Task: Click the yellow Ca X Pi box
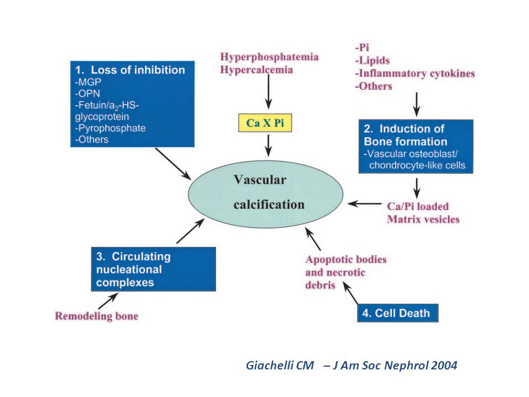coord(265,123)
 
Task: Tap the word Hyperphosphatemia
coord(269,57)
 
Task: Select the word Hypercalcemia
coord(256,70)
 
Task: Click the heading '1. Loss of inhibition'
coord(130,70)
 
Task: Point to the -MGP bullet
coord(88,82)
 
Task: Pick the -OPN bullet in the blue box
coord(88,94)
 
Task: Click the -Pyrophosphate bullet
coord(110,128)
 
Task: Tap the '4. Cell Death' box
coord(398,313)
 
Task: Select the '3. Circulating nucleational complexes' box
coord(153,269)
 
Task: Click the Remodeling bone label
coord(96,316)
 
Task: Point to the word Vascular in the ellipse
coord(260,180)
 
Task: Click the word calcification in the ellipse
coord(269,205)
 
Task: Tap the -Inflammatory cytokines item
coord(414,73)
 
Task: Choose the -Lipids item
coord(372,61)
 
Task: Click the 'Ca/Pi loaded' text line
coord(418,206)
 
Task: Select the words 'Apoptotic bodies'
coord(346,259)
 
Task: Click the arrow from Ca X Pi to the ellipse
coord(268,146)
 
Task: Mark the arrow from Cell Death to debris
coord(350,293)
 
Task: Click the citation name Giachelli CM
coord(280,365)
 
